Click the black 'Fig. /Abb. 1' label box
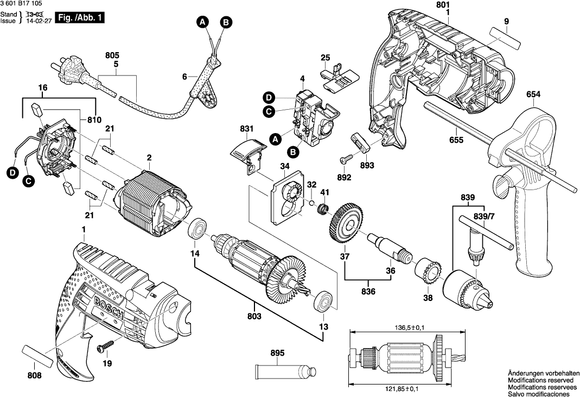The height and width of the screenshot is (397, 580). [80, 17]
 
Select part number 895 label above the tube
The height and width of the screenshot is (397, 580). [277, 354]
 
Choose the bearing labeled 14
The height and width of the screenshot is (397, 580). [197, 229]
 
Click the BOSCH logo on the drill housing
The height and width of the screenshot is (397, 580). [109, 308]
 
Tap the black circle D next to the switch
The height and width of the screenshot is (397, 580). [269, 98]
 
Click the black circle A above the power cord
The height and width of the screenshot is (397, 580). [202, 22]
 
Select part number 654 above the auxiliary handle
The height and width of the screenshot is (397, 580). [533, 94]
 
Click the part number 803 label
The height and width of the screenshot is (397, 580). [254, 316]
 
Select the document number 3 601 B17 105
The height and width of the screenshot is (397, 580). [22, 4]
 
